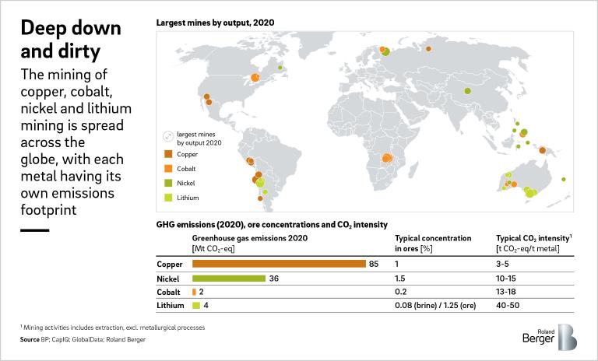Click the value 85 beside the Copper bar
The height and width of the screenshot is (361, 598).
click(374, 265)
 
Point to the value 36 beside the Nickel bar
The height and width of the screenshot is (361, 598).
click(273, 278)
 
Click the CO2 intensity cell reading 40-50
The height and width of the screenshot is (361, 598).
click(508, 305)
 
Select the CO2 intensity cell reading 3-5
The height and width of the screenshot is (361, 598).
click(504, 265)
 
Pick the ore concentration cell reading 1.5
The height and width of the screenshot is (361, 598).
click(401, 278)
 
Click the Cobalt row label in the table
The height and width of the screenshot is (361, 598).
click(170, 292)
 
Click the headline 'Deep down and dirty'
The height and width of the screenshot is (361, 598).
click(70, 40)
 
